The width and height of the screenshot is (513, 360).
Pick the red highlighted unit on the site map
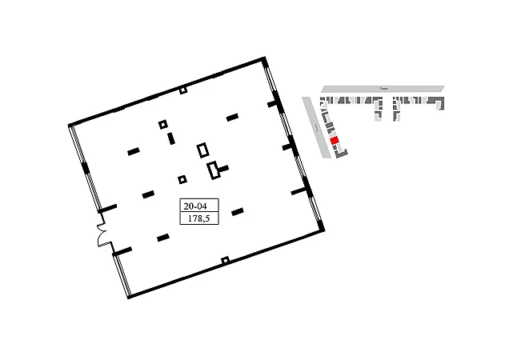335,141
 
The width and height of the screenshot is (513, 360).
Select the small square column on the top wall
183,90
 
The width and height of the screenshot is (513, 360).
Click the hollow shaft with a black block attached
213,170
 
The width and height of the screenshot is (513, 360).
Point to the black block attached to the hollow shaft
223,168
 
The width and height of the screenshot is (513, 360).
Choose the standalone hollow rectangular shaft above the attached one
203,150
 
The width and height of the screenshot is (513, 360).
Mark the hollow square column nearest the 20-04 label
182,179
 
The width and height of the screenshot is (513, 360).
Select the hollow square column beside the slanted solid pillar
163,124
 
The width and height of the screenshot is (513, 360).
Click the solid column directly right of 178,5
237,212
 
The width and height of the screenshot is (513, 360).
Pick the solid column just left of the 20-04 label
148,194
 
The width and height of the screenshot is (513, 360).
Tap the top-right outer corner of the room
264,58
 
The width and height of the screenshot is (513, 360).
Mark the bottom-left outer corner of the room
129,297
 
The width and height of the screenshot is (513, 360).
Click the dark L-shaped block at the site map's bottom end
341,153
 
